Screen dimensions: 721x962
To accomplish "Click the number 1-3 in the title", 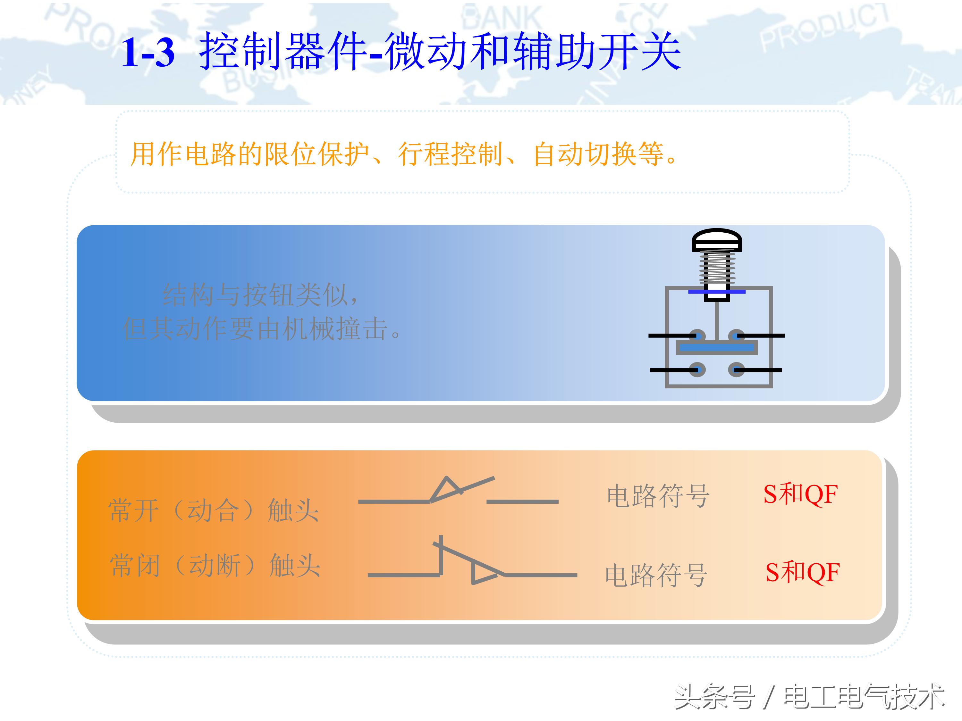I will click(148, 53).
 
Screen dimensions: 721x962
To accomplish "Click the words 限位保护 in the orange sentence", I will click(317, 154).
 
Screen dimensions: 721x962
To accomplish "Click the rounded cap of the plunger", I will click(717, 239).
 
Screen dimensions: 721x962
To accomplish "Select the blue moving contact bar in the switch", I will click(717, 348).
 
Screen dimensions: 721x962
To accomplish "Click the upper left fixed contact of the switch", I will click(697, 336).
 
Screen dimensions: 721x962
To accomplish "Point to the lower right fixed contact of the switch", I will click(736, 370).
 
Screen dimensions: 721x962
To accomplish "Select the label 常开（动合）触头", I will click(214, 510).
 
